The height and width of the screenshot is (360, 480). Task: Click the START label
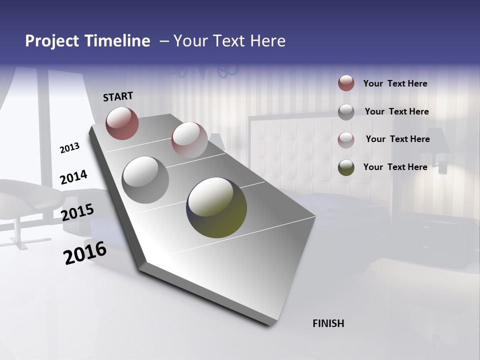pyautogui.click(x=118, y=96)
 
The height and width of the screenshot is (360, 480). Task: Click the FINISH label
pyautogui.click(x=328, y=323)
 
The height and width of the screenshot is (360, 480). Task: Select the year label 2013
pyautogui.click(x=69, y=148)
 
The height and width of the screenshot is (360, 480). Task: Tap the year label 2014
pyautogui.click(x=73, y=177)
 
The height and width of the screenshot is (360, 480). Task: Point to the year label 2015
pyautogui.click(x=77, y=212)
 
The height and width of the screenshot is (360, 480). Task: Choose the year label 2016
pyautogui.click(x=85, y=253)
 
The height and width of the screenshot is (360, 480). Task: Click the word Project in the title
pyautogui.click(x=52, y=41)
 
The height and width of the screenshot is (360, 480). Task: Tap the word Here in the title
pyautogui.click(x=267, y=41)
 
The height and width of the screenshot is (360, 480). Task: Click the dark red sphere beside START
pyautogui.click(x=122, y=123)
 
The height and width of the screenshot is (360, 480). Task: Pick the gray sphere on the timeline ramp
pyautogui.click(x=145, y=179)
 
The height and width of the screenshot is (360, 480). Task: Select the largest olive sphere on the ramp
pyautogui.click(x=216, y=207)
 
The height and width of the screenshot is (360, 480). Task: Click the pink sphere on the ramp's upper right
pyautogui.click(x=189, y=139)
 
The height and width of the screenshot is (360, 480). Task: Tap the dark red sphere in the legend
pyautogui.click(x=346, y=83)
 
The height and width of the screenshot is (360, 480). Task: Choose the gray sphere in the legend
pyautogui.click(x=346, y=111)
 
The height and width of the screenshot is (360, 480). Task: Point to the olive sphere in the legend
pyautogui.click(x=346, y=167)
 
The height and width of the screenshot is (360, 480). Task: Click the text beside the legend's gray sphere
pyautogui.click(x=396, y=111)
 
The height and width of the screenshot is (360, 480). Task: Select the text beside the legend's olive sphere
pyautogui.click(x=395, y=167)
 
